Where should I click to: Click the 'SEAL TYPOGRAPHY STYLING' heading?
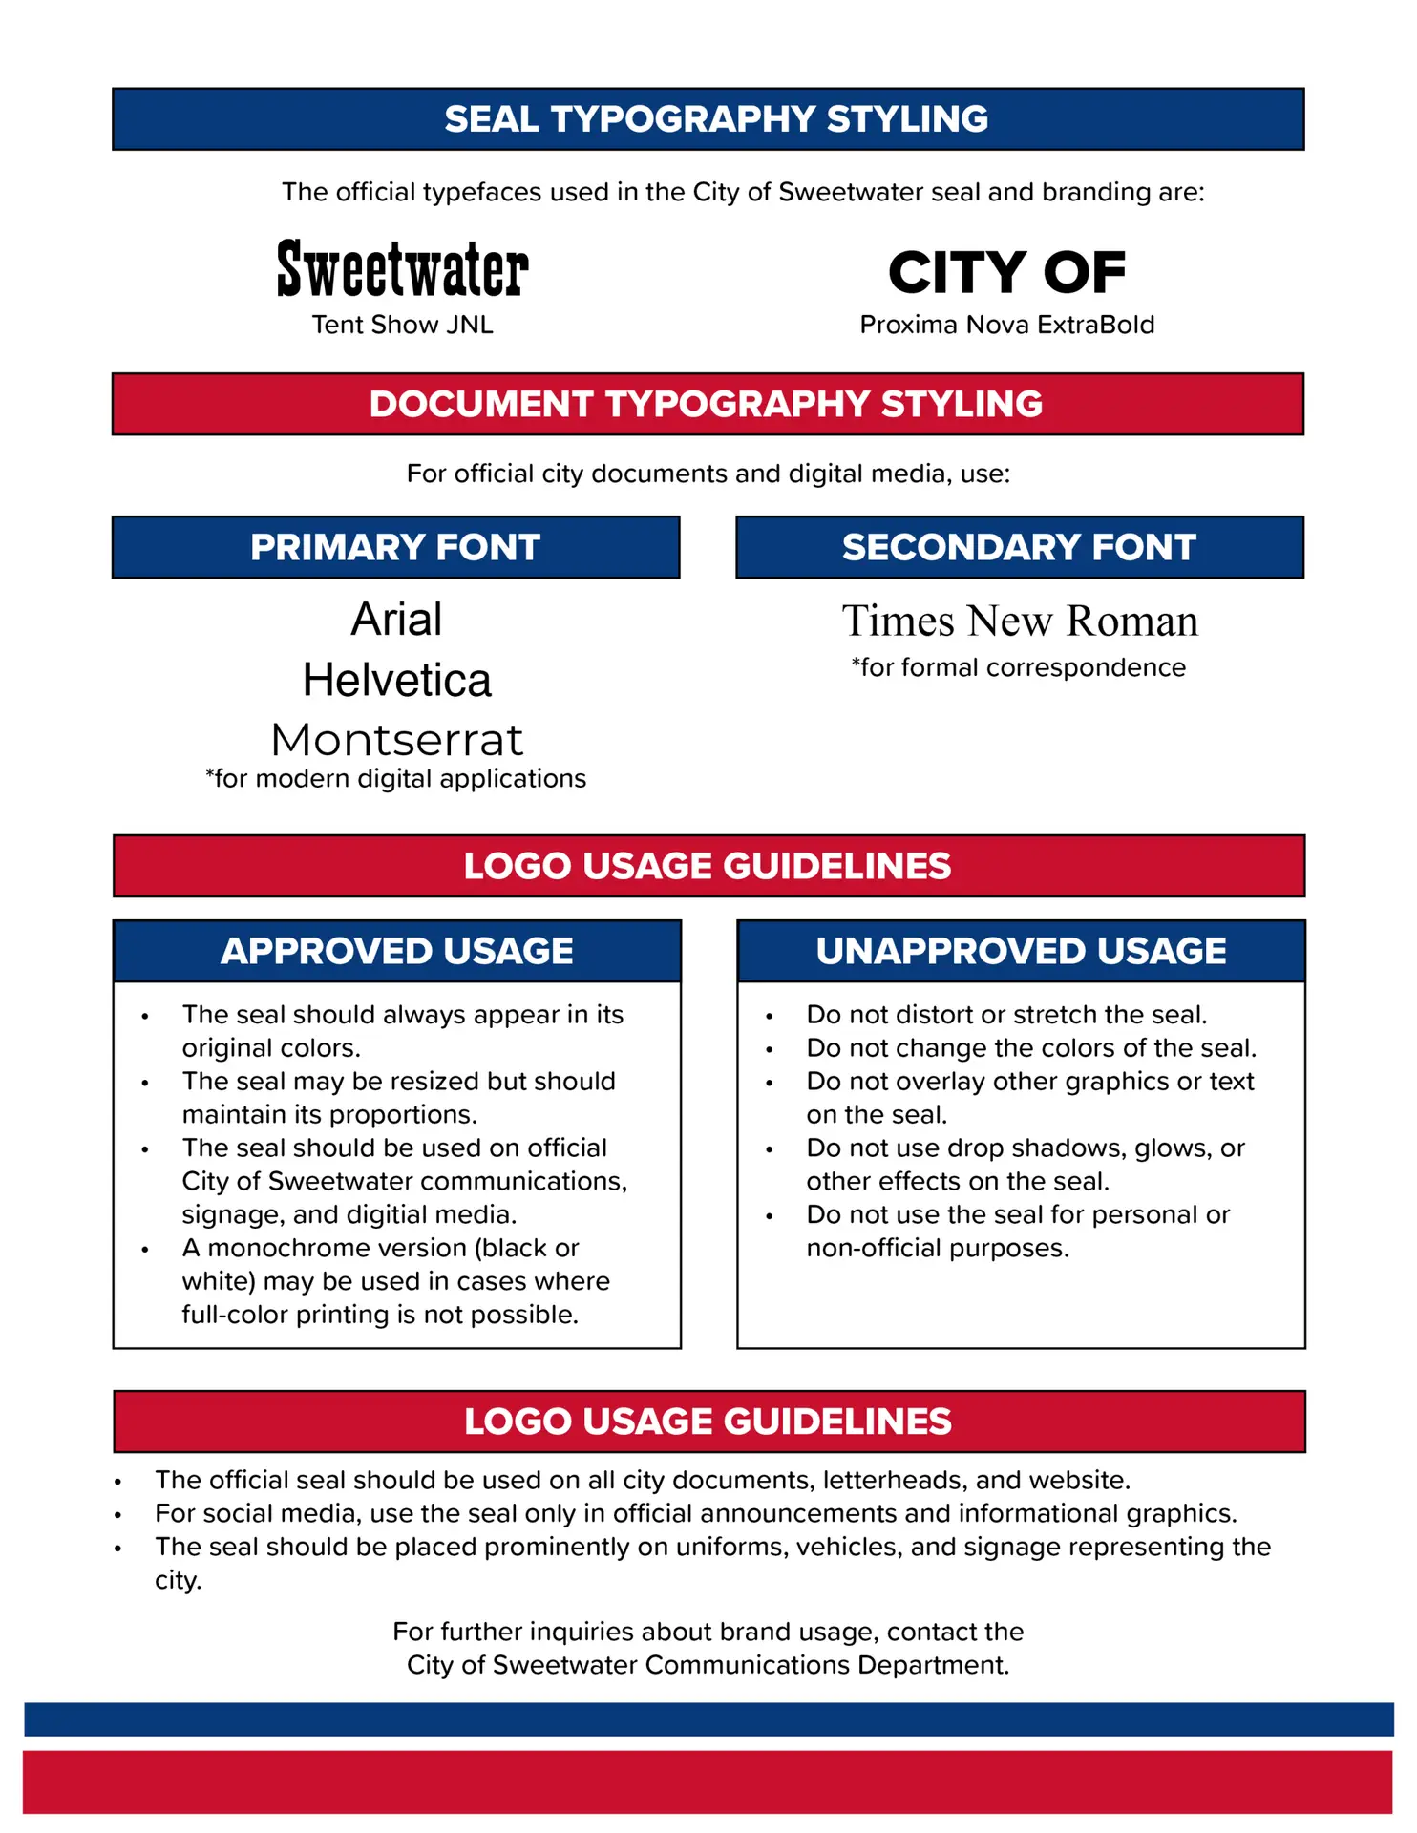click(716, 119)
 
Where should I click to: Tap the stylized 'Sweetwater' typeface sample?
click(402, 269)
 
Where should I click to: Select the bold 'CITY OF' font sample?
click(1006, 273)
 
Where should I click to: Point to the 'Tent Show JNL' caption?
click(402, 325)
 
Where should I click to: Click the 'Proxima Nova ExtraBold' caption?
click(1006, 325)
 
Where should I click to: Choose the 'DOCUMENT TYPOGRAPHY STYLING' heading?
click(707, 404)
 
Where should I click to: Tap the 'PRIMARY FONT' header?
click(395, 547)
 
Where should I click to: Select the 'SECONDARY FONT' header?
click(1019, 547)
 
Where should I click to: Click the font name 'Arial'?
click(396, 620)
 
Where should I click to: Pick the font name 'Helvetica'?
click(396, 681)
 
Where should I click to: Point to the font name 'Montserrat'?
click(396, 740)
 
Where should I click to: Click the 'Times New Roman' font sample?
click(1019, 622)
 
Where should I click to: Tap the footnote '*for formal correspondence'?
click(1018, 667)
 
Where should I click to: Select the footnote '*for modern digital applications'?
click(395, 779)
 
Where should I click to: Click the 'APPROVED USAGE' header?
click(397, 951)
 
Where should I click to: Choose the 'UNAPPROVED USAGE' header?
click(1021, 951)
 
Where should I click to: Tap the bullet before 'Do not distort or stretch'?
click(769, 1017)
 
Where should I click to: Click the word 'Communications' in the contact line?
click(748, 1665)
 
